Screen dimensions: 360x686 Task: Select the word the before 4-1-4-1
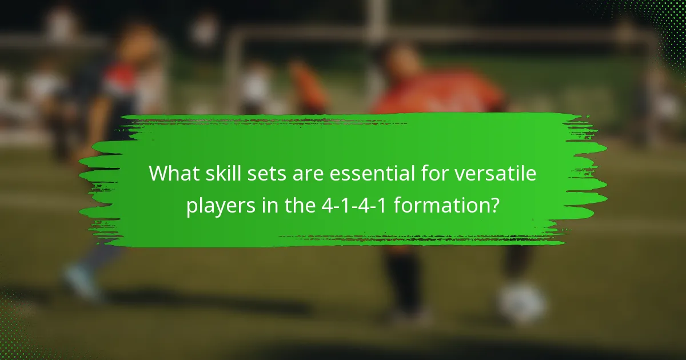click(297, 206)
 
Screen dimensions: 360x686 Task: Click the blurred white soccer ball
click(522, 301)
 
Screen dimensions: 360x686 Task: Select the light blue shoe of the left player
click(80, 281)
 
